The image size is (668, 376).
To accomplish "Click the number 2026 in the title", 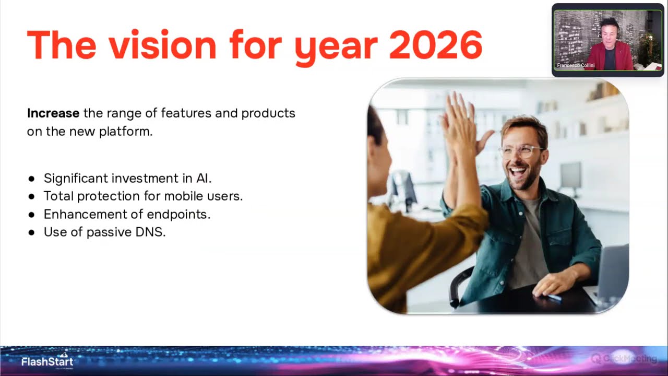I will (435, 45).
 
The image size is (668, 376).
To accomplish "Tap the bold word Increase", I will (53, 113).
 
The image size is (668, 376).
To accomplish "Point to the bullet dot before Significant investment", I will (32, 179).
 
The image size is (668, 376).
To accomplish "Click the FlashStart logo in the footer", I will (47, 361).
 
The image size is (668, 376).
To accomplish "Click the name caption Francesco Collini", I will (576, 66).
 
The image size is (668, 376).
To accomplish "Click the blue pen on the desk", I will (553, 297).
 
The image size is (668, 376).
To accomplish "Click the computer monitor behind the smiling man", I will (570, 175).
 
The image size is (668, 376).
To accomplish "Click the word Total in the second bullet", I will (58, 196).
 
